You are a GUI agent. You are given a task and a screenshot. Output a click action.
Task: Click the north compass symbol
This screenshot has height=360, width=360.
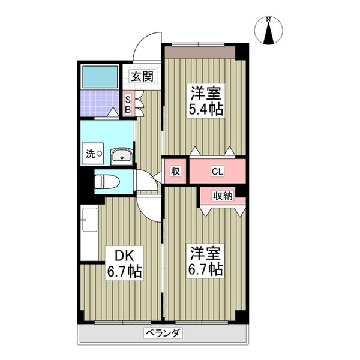click(270, 31)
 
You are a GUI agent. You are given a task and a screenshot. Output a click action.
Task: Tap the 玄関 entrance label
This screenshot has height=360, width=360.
click(142, 76)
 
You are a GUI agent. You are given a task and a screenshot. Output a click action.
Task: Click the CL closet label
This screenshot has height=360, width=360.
click(217, 171)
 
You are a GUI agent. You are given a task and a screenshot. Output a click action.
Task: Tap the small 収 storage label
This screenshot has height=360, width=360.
click(175, 171)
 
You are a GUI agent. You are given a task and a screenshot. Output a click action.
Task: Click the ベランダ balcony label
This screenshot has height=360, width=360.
click(163, 333)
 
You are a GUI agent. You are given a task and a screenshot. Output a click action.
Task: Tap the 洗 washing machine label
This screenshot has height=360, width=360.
click(91, 154)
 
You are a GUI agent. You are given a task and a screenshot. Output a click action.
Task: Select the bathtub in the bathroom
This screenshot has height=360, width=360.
click(100, 76)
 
